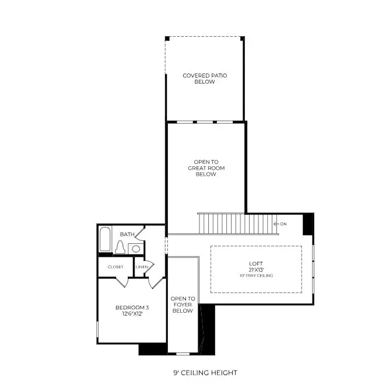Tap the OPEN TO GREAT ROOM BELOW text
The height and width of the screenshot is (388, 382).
tap(206, 168)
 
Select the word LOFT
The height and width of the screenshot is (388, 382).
tap(256, 264)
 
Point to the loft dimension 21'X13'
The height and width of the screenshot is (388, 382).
tap(256, 270)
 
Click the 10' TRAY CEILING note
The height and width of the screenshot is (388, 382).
tap(256, 275)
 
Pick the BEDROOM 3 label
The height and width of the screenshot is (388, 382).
tap(129, 307)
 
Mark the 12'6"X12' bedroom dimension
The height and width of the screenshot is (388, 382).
tap(129, 314)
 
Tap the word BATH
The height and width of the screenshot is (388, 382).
tap(127, 235)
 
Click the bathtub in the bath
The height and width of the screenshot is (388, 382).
tap(106, 240)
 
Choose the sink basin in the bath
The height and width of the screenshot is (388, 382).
tap(135, 249)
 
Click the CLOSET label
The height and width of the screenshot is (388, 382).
tap(115, 267)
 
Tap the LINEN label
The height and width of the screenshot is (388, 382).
tap(141, 267)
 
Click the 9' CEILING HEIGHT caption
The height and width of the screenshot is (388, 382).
tap(205, 372)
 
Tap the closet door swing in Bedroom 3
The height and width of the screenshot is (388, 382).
tap(121, 282)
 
